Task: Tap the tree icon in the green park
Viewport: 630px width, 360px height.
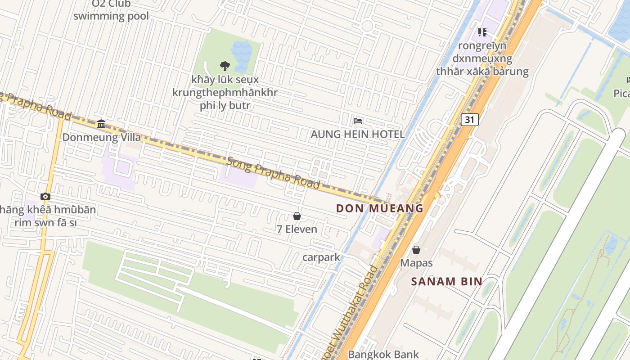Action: [x=225, y=66]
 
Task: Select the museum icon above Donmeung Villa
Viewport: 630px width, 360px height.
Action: [x=101, y=124]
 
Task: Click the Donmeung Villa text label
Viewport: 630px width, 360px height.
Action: [x=101, y=137]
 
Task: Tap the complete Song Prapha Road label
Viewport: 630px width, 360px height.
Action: [x=273, y=172]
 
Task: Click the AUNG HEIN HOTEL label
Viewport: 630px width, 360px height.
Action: [x=358, y=134]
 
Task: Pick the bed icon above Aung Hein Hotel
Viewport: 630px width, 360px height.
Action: [x=358, y=121]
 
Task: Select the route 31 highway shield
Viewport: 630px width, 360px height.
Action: [x=469, y=119]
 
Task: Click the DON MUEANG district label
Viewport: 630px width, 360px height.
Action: [x=380, y=208]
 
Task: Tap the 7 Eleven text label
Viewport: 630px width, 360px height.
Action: [x=297, y=229]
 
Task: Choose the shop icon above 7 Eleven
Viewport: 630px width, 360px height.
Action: [x=297, y=216]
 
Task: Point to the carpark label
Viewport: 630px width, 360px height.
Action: [x=321, y=257]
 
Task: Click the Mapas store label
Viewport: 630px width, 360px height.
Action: [x=416, y=263]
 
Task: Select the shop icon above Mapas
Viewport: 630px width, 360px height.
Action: [x=416, y=249]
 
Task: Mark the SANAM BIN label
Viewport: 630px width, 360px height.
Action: [x=447, y=282]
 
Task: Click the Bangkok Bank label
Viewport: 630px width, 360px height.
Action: [x=383, y=354]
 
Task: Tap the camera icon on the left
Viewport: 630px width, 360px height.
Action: [x=45, y=196]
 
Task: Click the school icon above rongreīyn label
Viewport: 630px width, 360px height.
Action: [x=482, y=32]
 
